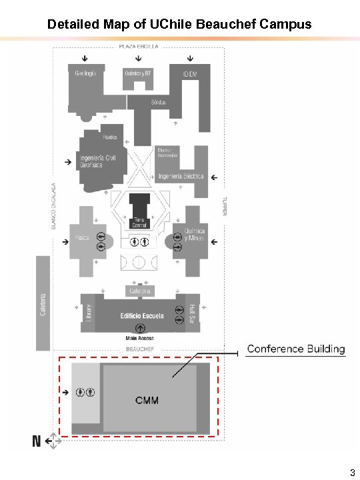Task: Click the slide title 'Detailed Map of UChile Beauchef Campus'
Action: (x=179, y=25)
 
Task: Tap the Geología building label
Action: (x=85, y=73)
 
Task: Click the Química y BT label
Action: (x=138, y=73)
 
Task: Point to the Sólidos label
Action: (x=158, y=102)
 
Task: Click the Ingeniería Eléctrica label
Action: (x=181, y=177)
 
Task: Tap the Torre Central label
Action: (x=139, y=223)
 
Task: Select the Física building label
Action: (x=82, y=238)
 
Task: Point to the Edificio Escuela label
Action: (x=142, y=316)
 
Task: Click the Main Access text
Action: (x=140, y=338)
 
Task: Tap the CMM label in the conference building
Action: (x=147, y=401)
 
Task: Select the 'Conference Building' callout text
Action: (x=296, y=349)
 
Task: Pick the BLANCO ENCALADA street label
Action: (x=54, y=207)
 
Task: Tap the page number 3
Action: (x=351, y=473)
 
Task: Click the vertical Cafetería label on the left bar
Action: (x=43, y=304)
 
